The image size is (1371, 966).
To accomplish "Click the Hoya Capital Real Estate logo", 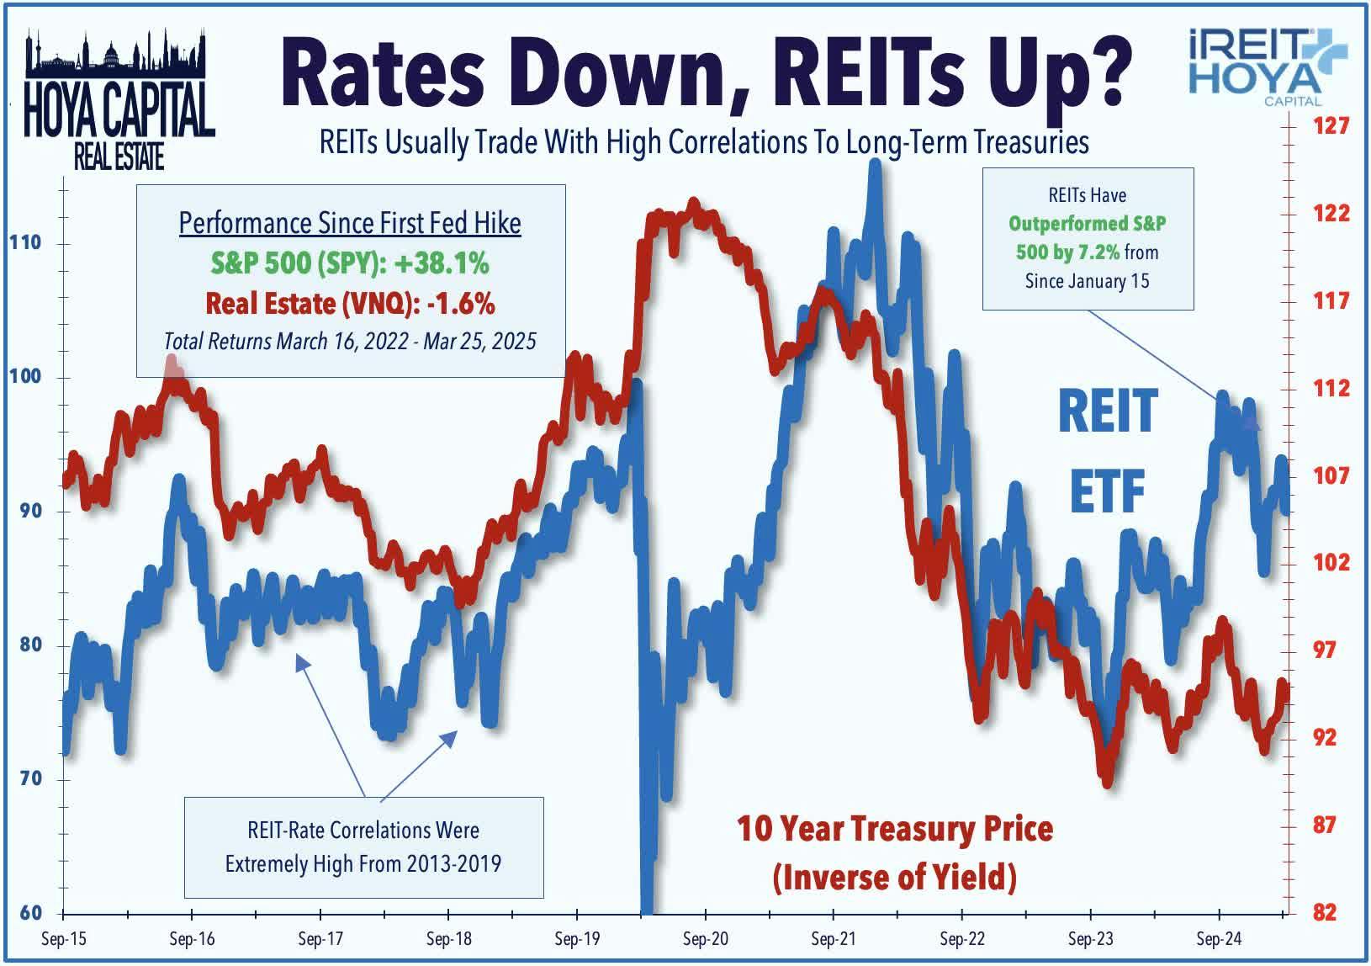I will [119, 101].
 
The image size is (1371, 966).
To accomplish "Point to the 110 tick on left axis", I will [25, 243].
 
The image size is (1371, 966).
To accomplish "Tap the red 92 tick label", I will [1324, 737].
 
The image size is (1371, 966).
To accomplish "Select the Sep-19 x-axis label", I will [577, 939].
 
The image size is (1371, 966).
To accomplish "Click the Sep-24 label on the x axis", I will [1219, 939].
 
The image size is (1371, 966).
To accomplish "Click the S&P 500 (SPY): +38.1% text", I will [350, 263].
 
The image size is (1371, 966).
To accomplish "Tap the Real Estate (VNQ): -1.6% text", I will [350, 303].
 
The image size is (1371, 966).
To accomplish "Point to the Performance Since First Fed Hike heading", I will [350, 223].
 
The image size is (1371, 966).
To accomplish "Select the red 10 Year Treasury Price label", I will [895, 829].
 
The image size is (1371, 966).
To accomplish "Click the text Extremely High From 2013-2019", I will [363, 864].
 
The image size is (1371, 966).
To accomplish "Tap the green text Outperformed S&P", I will [1087, 224].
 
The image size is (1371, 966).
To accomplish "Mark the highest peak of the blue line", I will [875, 165].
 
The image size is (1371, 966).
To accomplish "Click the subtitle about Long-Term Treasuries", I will [704, 143].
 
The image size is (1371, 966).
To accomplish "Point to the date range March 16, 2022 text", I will [349, 341].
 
